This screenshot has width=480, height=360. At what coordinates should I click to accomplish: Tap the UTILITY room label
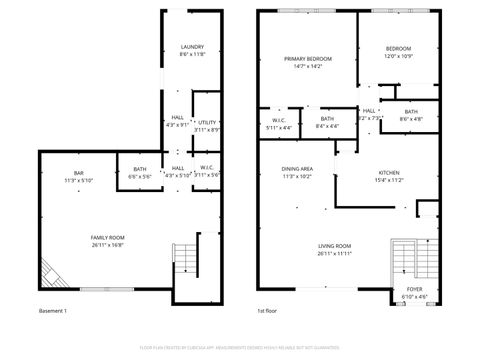[207, 125]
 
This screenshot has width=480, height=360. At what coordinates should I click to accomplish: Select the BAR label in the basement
[78, 176]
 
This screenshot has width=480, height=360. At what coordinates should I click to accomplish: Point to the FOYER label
[414, 292]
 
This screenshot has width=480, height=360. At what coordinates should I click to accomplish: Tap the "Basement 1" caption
[52, 311]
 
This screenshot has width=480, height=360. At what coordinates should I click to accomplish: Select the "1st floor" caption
[266, 311]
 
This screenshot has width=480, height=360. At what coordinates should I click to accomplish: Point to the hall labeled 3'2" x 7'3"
[369, 114]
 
